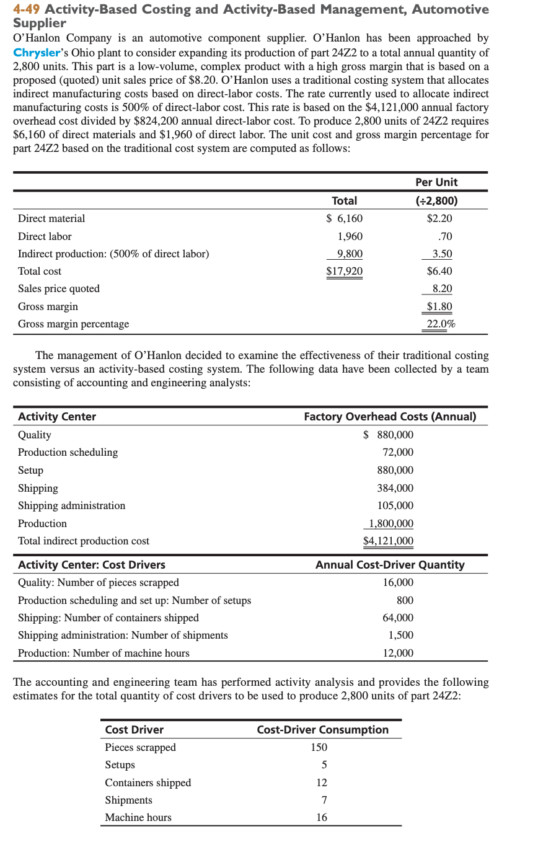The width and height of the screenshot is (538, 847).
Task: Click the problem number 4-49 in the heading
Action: (28, 10)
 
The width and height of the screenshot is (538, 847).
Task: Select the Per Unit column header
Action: (436, 182)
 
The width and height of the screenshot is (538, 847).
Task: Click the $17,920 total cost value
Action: (345, 271)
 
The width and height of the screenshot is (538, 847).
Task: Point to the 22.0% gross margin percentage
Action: (441, 324)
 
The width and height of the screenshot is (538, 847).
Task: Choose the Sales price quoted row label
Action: (59, 288)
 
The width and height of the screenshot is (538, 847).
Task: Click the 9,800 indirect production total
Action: (350, 254)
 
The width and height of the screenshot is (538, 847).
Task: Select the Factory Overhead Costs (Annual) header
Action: (390, 417)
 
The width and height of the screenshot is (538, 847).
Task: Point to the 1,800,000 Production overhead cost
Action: (390, 523)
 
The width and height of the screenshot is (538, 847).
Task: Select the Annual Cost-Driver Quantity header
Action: (390, 565)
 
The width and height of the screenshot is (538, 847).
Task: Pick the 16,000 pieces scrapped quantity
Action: (398, 583)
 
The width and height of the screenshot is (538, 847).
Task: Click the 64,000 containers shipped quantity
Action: (398, 618)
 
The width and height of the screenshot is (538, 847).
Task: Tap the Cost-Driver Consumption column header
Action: (322, 730)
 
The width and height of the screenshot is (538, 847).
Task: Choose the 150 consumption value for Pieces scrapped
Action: (319, 748)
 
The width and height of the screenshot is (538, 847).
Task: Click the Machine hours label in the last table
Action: (138, 818)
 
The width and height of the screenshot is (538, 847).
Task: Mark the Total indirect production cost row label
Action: (84, 541)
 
